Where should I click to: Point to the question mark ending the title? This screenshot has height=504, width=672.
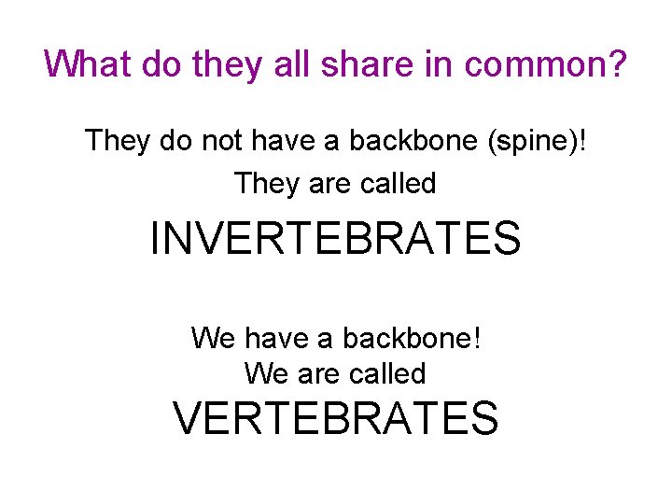[x=616, y=64]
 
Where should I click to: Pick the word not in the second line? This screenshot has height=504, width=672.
[x=219, y=141]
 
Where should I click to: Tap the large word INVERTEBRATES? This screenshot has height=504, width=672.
[x=336, y=238]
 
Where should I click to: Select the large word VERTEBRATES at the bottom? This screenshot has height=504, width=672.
[x=336, y=418]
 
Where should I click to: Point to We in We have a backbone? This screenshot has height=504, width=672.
[x=213, y=337]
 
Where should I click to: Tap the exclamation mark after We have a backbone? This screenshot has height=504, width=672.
[x=477, y=337]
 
